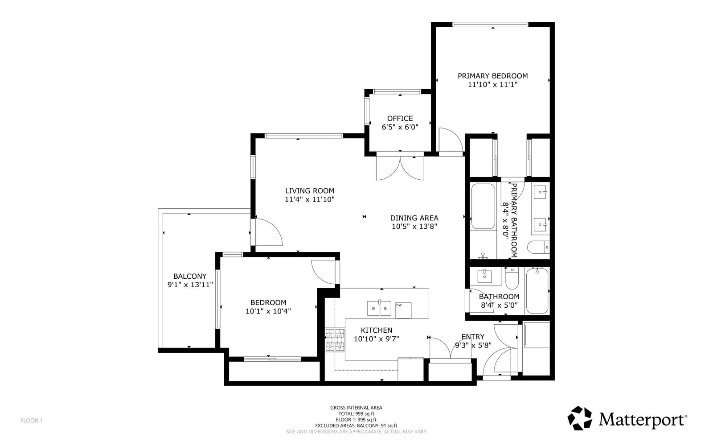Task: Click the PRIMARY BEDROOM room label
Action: coord(492,76)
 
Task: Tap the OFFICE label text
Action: coord(400,119)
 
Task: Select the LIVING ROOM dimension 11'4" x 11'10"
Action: coord(310,200)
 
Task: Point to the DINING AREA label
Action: coord(414,218)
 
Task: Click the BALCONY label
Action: coord(190,276)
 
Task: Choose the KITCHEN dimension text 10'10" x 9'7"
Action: coord(376,339)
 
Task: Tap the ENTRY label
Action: coord(473,336)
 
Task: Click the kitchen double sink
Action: coord(379,308)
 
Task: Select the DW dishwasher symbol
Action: coord(403,310)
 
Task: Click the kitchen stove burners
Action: coord(335,340)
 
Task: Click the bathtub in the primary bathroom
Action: coord(483,206)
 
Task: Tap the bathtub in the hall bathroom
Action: coord(537,290)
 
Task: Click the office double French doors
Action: coord(400,166)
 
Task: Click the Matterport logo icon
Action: coord(580,418)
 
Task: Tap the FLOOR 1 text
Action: coord(32,421)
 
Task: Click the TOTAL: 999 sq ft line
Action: coord(356,414)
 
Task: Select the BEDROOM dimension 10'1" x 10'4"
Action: coord(268,311)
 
